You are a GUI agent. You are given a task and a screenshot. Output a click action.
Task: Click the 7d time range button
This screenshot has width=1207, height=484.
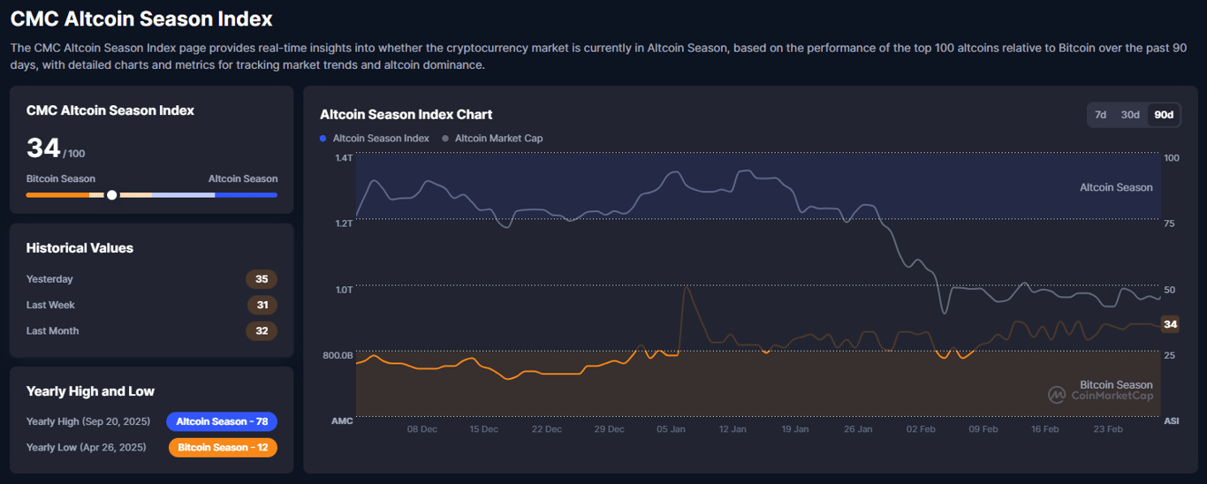coord(1100,115)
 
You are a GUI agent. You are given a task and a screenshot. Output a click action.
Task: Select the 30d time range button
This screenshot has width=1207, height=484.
coord(1130,115)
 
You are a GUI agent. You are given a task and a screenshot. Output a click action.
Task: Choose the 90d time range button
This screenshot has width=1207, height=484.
coord(1164,115)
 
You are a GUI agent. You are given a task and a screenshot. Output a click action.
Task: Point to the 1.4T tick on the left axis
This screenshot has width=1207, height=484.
coord(343,158)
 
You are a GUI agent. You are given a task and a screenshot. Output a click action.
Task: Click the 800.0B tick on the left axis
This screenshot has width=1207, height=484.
coord(338,355)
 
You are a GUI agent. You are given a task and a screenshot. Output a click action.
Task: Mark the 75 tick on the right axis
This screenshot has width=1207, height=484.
coord(1169,224)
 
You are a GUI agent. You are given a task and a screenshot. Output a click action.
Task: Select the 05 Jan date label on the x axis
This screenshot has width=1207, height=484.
coord(672,429)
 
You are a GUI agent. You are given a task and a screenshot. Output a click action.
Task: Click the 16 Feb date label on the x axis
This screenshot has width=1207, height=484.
coord(1044,429)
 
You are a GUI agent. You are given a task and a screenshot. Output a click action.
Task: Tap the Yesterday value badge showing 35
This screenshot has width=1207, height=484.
coord(262,279)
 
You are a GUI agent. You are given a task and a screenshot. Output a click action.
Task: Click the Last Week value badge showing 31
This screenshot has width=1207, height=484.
coord(262,305)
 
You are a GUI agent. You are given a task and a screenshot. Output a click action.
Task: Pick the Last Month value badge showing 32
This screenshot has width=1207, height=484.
coord(262,331)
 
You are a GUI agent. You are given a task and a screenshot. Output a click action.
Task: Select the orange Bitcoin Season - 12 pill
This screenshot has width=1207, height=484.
coord(223,448)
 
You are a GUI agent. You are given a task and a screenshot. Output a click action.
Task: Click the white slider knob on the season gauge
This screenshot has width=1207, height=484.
coord(111,195)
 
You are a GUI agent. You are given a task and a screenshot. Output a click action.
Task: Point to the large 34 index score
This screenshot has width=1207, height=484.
coord(43,148)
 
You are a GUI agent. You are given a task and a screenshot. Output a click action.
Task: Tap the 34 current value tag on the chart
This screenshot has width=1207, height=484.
coord(1170,324)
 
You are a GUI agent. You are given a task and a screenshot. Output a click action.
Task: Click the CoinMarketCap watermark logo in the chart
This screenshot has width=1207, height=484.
coord(1056,395)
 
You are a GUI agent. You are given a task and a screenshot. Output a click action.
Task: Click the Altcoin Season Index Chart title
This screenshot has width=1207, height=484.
coord(406,115)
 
